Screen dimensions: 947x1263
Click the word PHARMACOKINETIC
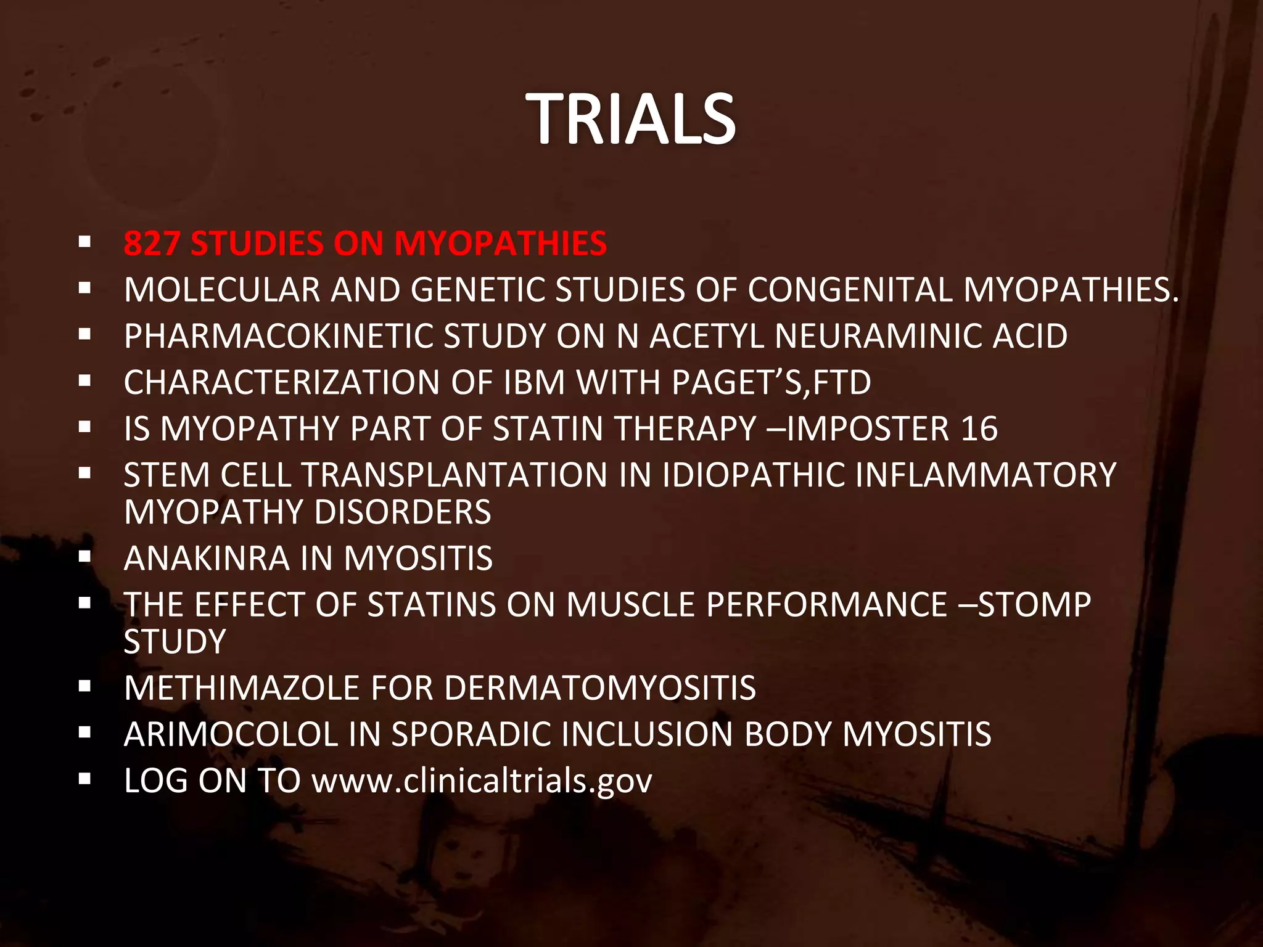point(278,336)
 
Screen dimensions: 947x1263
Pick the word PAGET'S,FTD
point(771,382)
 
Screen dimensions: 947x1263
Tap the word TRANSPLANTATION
point(455,475)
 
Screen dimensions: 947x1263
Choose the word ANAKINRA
point(207,559)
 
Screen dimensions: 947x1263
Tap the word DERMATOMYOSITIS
point(599,688)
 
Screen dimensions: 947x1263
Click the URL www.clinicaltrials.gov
point(482,781)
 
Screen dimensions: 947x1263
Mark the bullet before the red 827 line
point(85,241)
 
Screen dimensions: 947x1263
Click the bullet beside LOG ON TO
point(85,779)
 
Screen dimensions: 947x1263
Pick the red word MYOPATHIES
point(500,243)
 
